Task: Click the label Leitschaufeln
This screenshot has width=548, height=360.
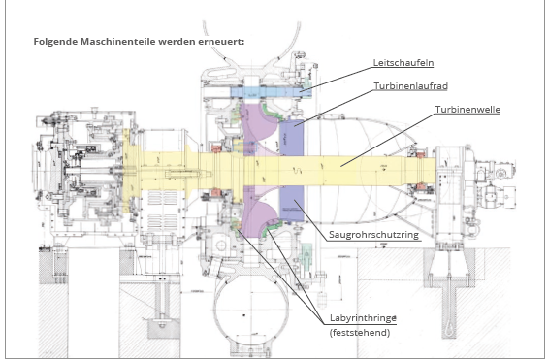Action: coord(403,63)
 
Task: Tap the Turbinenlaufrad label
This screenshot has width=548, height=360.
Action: coord(410,86)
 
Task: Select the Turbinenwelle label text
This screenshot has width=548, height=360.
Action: coord(467,110)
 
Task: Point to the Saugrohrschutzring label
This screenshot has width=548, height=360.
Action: coord(373,235)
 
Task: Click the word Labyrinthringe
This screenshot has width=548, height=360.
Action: coord(363,318)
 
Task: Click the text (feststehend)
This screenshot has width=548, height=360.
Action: coord(360,332)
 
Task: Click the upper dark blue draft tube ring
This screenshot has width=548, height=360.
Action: coord(292,138)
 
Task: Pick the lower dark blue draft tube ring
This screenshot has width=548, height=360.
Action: coord(292,203)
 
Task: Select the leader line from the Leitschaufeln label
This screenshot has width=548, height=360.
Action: coord(336,80)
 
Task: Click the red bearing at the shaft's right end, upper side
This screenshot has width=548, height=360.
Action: coord(421,154)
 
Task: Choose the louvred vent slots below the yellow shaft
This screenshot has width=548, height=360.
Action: coord(159,209)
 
